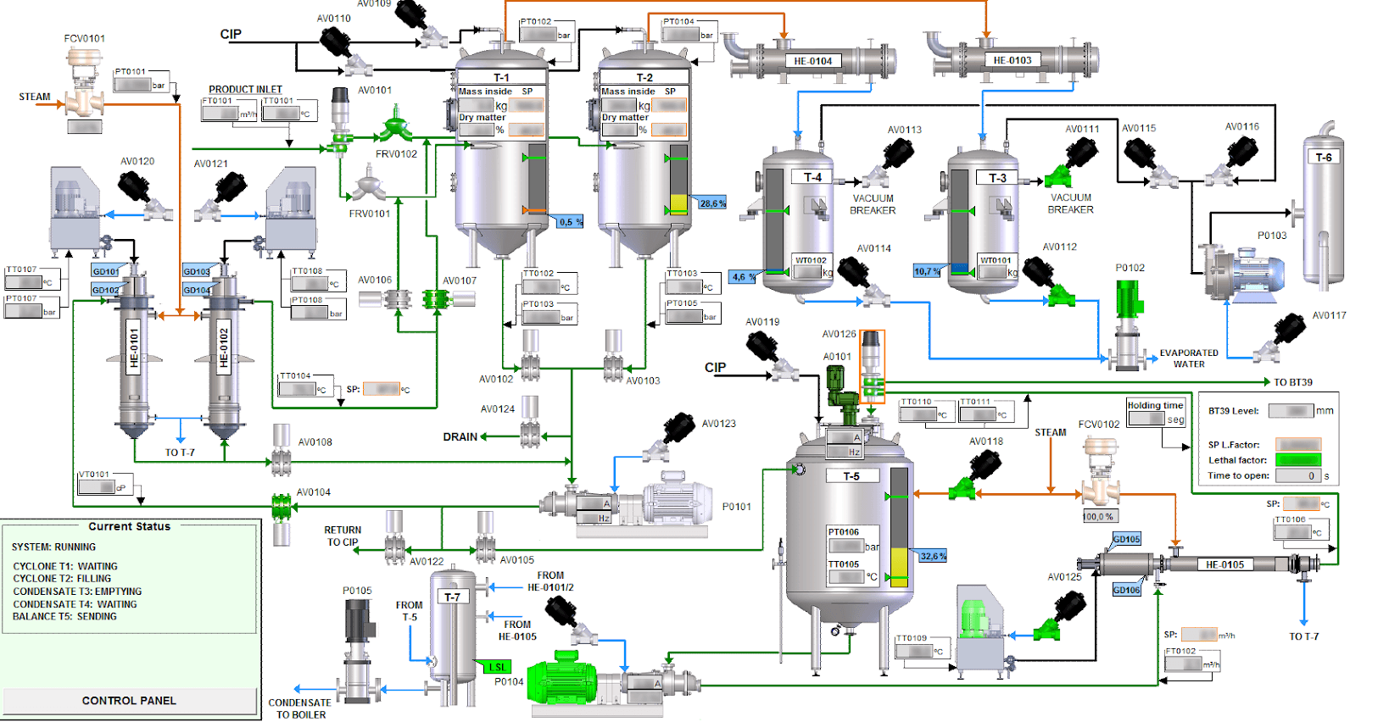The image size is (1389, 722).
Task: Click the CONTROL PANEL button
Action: pyautogui.click(x=129, y=701)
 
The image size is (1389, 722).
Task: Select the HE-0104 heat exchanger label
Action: pyautogui.click(x=812, y=61)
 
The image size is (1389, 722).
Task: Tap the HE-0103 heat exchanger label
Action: pyautogui.click(x=1012, y=60)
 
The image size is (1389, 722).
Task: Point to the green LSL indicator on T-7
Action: pyautogui.click(x=496, y=667)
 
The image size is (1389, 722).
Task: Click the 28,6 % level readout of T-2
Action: pyautogui.click(x=712, y=203)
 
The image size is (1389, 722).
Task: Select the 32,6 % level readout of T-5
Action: pyautogui.click(x=933, y=556)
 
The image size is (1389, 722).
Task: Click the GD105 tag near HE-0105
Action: pyautogui.click(x=1127, y=539)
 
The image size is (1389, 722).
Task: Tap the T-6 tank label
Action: pyautogui.click(x=1324, y=158)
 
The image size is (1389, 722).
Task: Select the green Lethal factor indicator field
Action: pyautogui.click(x=1298, y=460)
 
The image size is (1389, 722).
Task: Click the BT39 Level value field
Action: pyautogui.click(x=1291, y=411)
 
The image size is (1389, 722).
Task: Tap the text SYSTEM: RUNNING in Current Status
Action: pyautogui.click(x=53, y=547)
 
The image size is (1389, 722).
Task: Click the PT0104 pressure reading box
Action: pyautogui.click(x=680, y=35)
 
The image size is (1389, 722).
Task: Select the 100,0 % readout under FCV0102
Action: pyautogui.click(x=1099, y=516)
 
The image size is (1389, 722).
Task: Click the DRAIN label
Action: pyautogui.click(x=460, y=437)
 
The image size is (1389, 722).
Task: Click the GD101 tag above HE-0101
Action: pyautogui.click(x=106, y=271)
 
